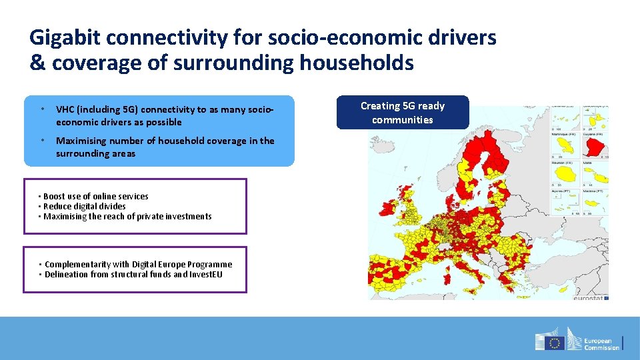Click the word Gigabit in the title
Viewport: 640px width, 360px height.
coord(65,38)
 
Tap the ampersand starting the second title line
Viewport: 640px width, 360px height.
coord(37,63)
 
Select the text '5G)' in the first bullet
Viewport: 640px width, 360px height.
coord(129,109)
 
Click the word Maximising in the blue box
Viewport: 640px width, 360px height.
coord(81,141)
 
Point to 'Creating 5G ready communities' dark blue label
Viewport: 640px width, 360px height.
coord(403,113)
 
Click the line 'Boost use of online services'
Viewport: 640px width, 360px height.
coord(95,196)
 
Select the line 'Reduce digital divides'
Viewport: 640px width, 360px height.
coord(84,206)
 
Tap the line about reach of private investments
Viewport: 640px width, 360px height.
coord(127,216)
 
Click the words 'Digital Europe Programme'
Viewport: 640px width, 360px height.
coord(186,264)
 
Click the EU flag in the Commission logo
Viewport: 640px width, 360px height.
coord(554,343)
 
